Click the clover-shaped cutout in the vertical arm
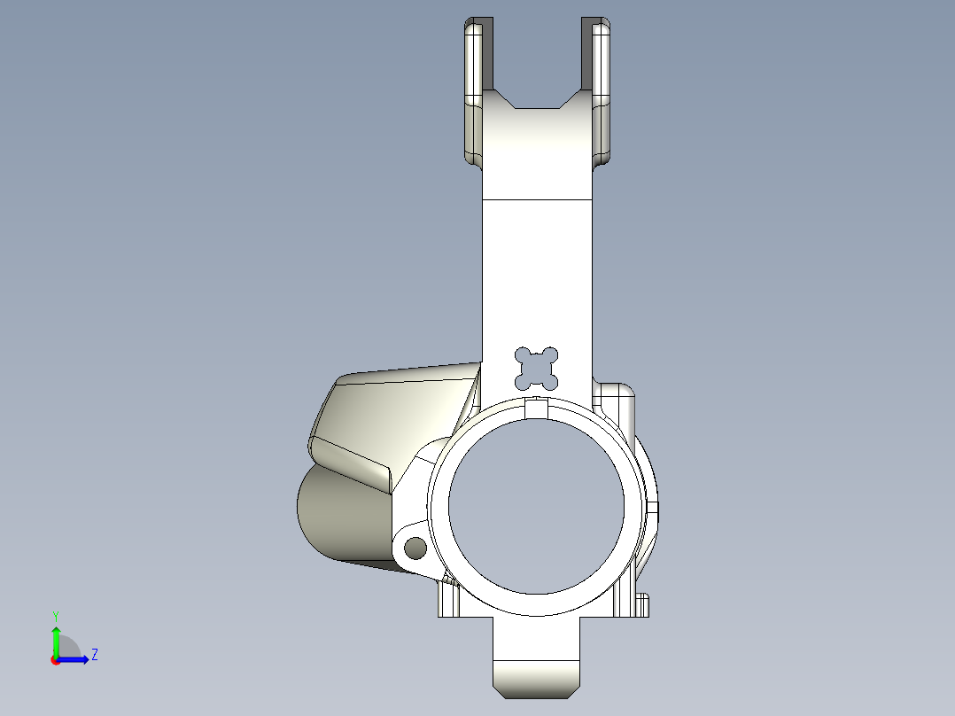[537, 368]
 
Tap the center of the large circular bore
[536, 506]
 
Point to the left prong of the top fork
[474, 89]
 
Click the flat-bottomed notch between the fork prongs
[536, 107]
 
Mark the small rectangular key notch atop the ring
[536, 408]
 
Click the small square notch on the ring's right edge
[653, 509]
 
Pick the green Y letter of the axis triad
[55, 615]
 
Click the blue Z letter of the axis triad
[94, 655]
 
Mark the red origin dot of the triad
[56, 660]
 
